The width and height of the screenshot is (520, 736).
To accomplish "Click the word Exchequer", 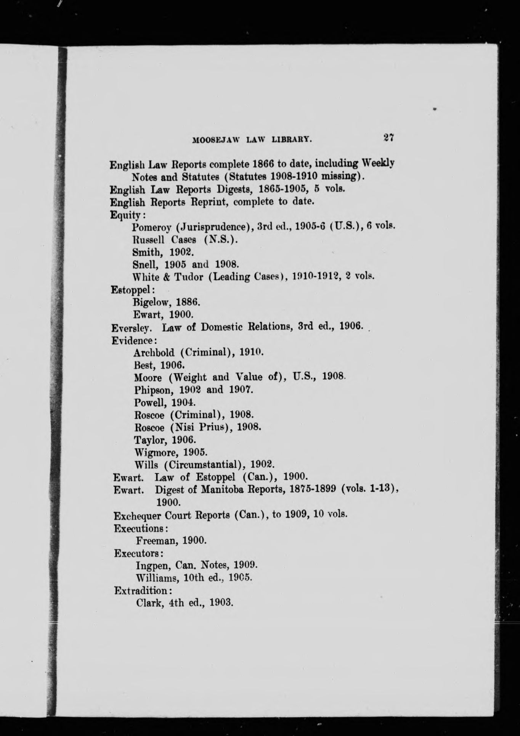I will [138, 515].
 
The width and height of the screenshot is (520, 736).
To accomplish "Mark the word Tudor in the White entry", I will [189, 277].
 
